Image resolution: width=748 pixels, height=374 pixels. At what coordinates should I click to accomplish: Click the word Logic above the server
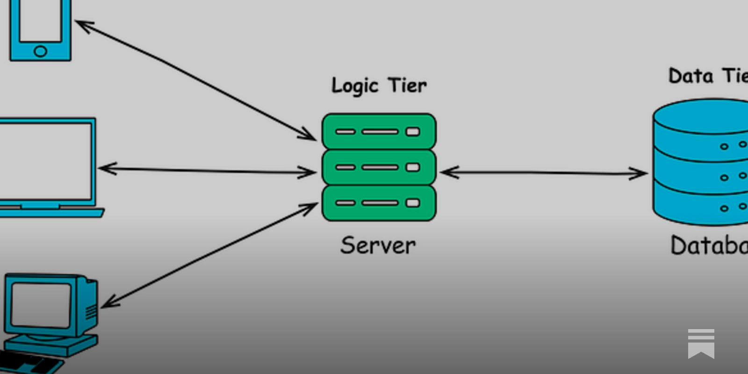[354, 86]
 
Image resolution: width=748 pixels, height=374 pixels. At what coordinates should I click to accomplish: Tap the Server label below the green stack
[378, 245]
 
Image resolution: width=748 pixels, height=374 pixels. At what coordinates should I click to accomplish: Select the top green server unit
[379, 131]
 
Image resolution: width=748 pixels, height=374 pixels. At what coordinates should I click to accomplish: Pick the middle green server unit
[379, 167]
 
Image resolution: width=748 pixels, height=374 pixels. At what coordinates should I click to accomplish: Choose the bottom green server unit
[379, 203]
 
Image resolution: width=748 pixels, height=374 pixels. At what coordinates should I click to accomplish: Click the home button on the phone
[41, 51]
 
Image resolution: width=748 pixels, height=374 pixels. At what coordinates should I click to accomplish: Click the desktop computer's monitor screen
[41, 304]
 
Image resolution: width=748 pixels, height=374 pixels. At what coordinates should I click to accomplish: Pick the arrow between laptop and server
[206, 171]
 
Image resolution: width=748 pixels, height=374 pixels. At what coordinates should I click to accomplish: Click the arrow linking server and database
[542, 173]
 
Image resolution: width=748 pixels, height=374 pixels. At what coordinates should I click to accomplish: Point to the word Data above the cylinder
[690, 76]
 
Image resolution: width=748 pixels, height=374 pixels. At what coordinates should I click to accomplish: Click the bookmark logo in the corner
[701, 344]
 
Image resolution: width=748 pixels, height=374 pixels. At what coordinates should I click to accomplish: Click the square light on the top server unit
[413, 132]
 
